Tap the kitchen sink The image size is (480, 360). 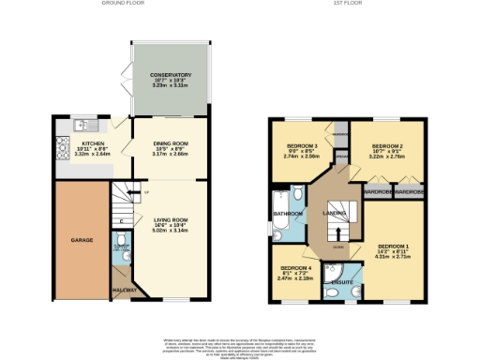(82, 124)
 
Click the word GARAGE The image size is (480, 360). (82, 240)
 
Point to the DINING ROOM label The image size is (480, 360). (171, 143)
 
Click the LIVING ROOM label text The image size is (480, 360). (171, 219)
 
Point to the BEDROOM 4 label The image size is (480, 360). (296, 268)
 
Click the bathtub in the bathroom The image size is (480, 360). (279, 215)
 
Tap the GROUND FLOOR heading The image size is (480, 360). (122, 4)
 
